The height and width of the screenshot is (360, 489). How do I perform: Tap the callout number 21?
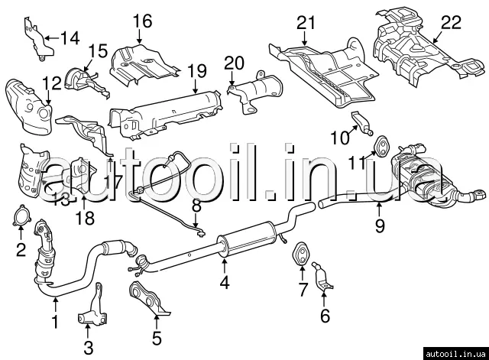306,22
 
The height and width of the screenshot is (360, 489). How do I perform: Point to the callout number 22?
451,24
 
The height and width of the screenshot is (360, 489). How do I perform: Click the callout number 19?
196,71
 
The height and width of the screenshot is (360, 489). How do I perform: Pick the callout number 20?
234,63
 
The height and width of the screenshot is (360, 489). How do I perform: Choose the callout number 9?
380,225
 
